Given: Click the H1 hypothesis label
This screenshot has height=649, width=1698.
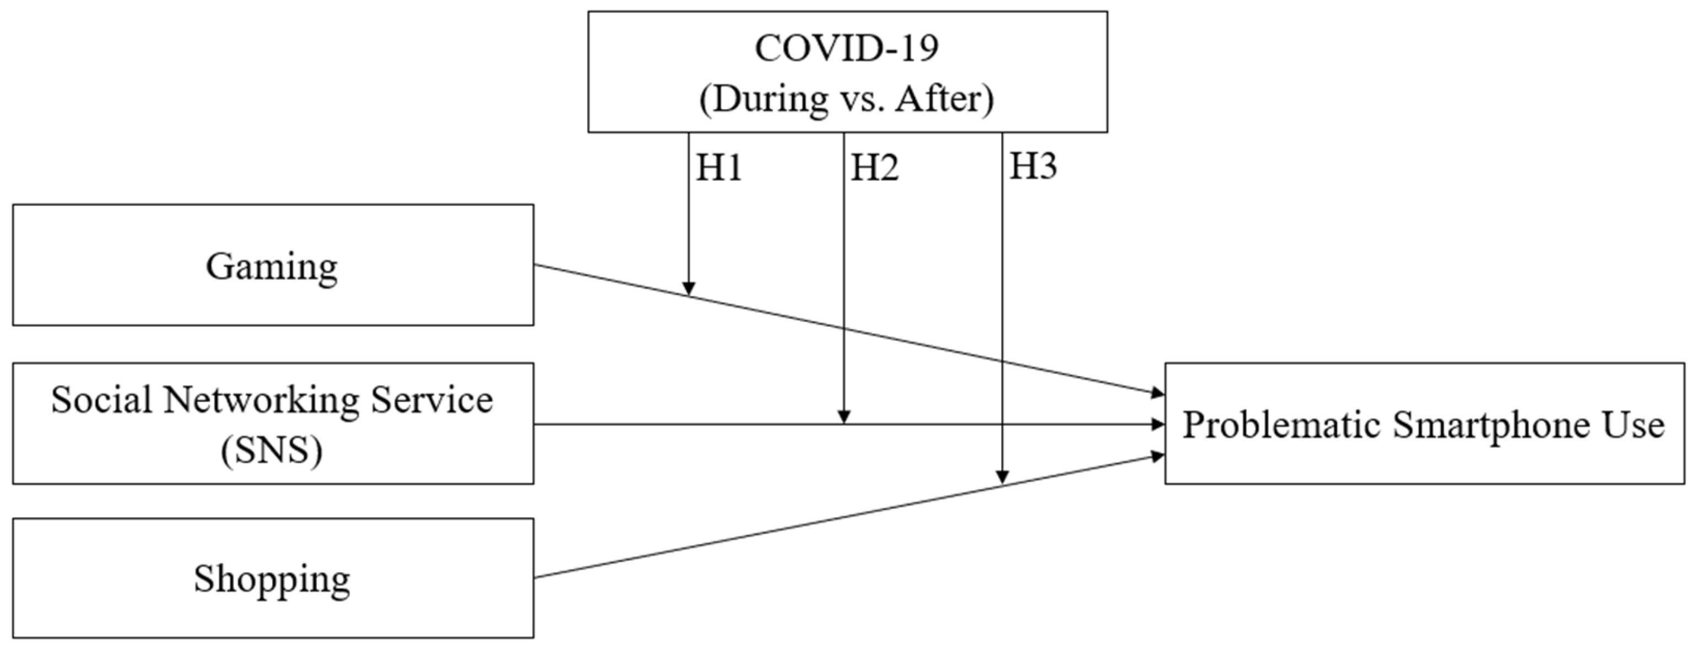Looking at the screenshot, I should tap(719, 168).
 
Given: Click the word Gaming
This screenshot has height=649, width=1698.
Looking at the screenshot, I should tap(272, 267).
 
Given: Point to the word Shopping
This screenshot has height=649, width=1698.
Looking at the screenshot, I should tap(272, 579).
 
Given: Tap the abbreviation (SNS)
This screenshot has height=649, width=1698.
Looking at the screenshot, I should tap(272, 451).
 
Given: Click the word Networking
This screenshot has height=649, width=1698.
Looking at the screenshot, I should tap(262, 400).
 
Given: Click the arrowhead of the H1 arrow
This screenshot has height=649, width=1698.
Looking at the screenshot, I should tap(689, 289).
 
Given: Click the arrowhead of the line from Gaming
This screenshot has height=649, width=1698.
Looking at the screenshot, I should tap(1158, 394).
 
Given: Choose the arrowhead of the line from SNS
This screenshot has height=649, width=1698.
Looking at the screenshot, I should tap(1158, 424).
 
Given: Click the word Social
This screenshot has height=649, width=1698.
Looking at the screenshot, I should tap(101, 400).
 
